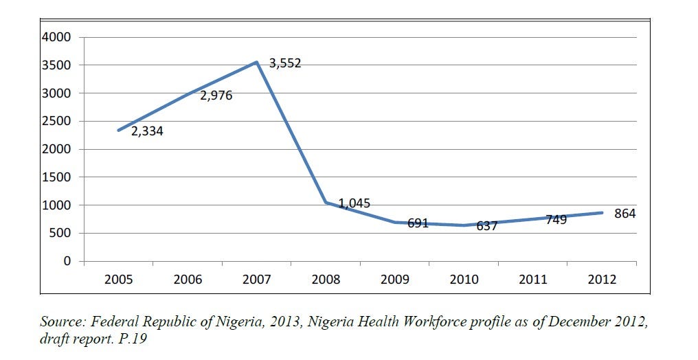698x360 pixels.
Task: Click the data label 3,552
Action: pyautogui.click(x=285, y=64)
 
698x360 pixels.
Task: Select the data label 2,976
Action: pyautogui.click(x=216, y=96)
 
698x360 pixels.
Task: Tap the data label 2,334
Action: pyautogui.click(x=147, y=131)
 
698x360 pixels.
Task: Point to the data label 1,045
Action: pyautogui.click(x=354, y=204)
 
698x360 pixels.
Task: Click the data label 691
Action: pyautogui.click(x=418, y=223)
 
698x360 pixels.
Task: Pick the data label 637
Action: pyautogui.click(x=486, y=225)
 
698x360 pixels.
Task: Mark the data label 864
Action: pyautogui.click(x=625, y=214)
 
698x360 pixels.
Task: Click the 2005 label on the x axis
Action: pyautogui.click(x=118, y=280)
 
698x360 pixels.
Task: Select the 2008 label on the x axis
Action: pyautogui.click(x=326, y=280)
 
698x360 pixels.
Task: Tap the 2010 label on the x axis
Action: pyautogui.click(x=464, y=280)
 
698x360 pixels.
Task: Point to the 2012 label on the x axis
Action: pyautogui.click(x=603, y=280)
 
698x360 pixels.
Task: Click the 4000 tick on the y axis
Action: pyautogui.click(x=57, y=37)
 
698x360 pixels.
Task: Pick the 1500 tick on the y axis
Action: pyautogui.click(x=57, y=177)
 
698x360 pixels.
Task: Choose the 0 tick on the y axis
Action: pyautogui.click(x=67, y=261)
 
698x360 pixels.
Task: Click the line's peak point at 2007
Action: pyautogui.click(x=256, y=63)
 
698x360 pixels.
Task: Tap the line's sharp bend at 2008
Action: pyautogui.click(x=326, y=203)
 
